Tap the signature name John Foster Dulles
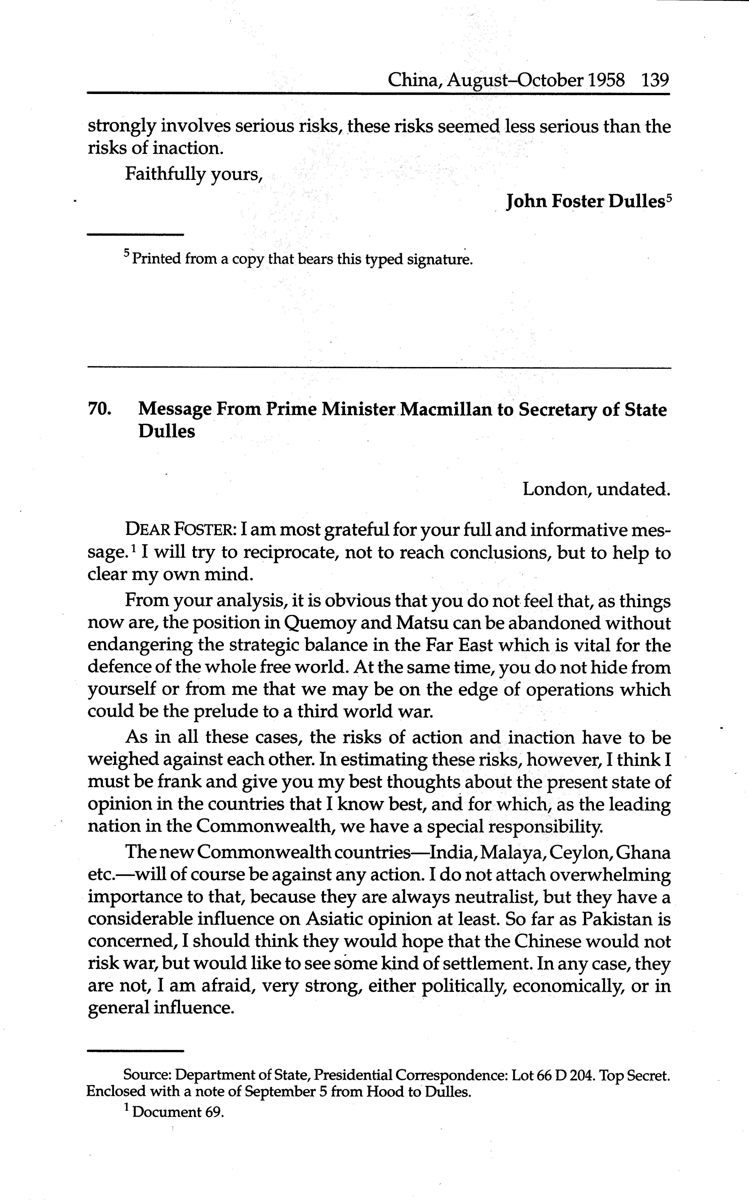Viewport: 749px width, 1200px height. click(585, 202)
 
